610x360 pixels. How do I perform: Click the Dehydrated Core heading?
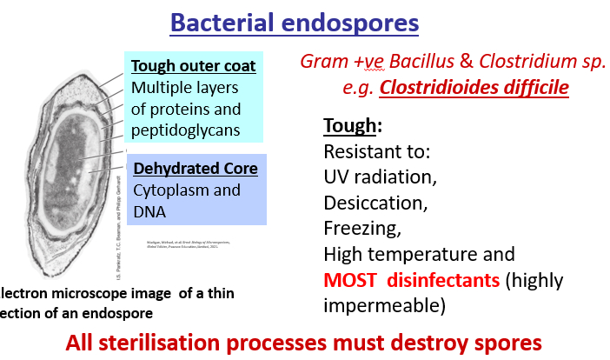[195, 168]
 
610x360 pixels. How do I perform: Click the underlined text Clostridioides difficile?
[474, 88]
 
